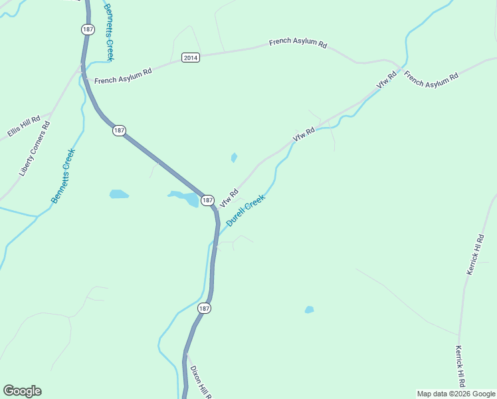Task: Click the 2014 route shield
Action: coord(190,58)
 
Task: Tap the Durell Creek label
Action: coord(246,210)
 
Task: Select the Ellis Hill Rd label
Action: coord(24,124)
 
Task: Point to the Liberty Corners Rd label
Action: coord(35,148)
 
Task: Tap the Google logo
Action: coord(22,391)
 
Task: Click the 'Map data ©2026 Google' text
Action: coord(456,394)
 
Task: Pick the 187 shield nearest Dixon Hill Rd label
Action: coord(204,308)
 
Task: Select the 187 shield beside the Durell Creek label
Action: coord(207,199)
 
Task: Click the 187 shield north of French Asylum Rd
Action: coord(88,29)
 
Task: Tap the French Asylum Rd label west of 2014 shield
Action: coord(123,76)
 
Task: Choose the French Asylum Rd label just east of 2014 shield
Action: coord(298,44)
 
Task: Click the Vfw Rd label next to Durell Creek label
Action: coord(229,197)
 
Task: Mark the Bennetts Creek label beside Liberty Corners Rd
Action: coord(64,176)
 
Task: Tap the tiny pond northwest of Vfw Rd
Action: coord(234,158)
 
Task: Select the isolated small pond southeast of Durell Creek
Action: coord(309,309)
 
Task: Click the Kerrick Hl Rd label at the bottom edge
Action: coord(460,366)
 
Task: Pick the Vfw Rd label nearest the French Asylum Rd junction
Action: coord(386,81)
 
